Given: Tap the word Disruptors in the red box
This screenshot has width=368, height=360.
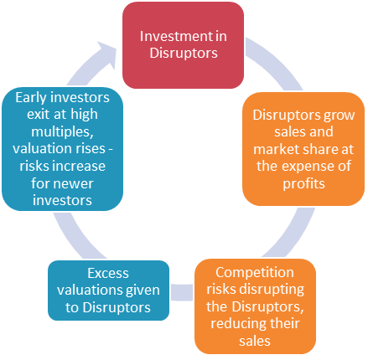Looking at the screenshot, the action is click(x=184, y=53).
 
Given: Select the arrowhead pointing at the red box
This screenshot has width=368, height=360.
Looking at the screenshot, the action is click(x=106, y=54).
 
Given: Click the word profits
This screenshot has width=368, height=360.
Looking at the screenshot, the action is click(x=303, y=183).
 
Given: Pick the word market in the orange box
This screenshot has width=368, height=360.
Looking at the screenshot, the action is click(x=277, y=149).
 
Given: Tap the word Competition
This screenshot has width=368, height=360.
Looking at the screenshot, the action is click(x=255, y=272).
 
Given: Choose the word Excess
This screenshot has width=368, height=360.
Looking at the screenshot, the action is click(x=108, y=273).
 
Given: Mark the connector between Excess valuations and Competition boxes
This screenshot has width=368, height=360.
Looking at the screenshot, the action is click(x=182, y=292).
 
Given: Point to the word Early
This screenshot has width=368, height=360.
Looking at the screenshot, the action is click(x=31, y=98).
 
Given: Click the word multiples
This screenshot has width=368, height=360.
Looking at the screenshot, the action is click(x=62, y=131).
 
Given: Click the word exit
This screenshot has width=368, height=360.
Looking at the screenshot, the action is click(x=37, y=115).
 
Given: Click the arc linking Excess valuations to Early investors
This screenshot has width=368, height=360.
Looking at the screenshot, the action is click(x=74, y=238).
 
